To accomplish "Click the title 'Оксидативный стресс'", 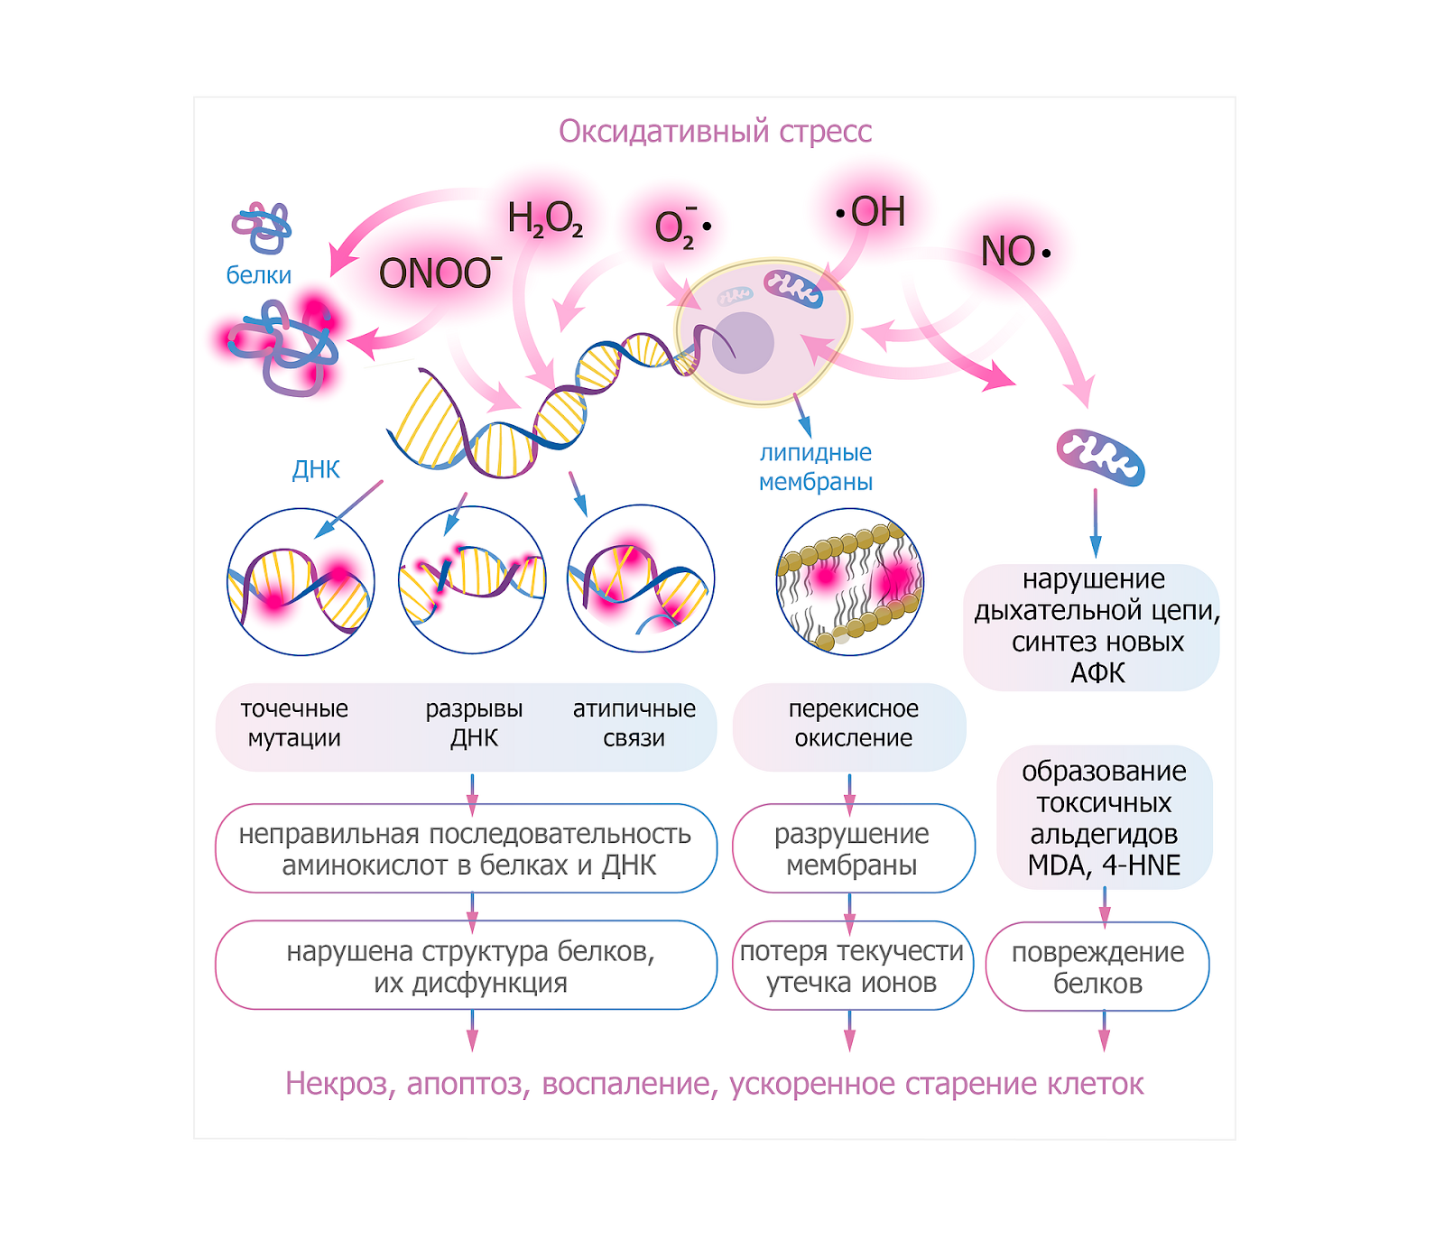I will click(715, 132).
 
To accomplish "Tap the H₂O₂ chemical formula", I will click(545, 219).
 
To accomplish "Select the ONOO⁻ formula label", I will click(440, 273).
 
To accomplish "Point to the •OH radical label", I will click(871, 212).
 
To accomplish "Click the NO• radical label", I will click(1015, 252).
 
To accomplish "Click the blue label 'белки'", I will click(259, 275).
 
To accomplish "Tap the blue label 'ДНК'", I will click(316, 469).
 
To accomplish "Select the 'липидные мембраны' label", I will click(816, 467).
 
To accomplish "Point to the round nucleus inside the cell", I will click(743, 343).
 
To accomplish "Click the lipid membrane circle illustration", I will click(849, 580).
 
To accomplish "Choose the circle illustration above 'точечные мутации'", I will click(301, 582).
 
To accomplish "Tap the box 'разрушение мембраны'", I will click(853, 848).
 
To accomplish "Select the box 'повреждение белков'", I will click(1097, 967).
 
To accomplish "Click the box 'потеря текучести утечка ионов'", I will click(852, 966).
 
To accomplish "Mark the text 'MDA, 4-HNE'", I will click(1104, 865).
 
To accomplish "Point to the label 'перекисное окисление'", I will click(853, 724).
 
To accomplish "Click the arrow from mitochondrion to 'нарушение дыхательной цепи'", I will click(1096, 523).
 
